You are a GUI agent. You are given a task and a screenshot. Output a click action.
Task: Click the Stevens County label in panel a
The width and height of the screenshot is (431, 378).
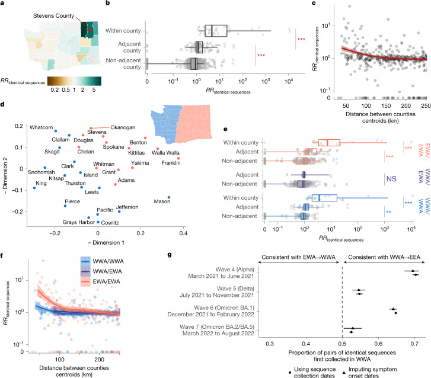coord(53,16)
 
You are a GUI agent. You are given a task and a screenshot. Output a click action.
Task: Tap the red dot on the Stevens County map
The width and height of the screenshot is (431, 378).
coord(90,30)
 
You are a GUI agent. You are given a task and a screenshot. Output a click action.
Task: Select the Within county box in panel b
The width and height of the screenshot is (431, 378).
coord(216,31)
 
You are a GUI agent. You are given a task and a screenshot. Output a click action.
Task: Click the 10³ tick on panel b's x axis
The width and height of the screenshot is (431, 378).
coord(265,82)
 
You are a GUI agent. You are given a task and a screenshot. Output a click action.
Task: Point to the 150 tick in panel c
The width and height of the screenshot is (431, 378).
coord(386,106)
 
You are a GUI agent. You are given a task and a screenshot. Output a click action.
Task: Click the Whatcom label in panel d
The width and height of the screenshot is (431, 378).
coord(41,127)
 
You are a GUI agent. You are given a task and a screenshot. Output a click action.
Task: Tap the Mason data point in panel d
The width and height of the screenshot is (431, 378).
coord(169,197)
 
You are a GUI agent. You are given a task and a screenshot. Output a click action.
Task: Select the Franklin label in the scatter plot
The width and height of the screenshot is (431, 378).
coord(171,163)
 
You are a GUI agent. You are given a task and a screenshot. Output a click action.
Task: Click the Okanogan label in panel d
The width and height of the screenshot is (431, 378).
coord(123,127)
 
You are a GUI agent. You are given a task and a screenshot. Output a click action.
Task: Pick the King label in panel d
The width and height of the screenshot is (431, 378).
coord(41,183)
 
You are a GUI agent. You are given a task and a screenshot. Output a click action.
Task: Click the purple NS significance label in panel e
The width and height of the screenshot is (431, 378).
coord(391,179)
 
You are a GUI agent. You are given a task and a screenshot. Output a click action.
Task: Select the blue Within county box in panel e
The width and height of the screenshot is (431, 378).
coord(324,198)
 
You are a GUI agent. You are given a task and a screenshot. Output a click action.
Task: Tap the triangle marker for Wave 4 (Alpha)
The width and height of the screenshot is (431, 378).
coord(413,271)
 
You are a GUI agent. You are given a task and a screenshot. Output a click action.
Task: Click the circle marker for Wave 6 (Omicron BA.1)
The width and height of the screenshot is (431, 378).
coord(395,313)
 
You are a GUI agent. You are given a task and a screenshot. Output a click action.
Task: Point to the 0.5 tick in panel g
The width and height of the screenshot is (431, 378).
coord(342,344)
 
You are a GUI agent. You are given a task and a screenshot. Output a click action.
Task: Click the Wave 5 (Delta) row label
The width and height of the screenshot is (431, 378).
coord(217,292)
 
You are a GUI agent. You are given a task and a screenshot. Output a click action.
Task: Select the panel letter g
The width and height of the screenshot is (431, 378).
coord(170,255)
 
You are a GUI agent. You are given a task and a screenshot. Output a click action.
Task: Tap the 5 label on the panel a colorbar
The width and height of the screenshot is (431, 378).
coord(94,90)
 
